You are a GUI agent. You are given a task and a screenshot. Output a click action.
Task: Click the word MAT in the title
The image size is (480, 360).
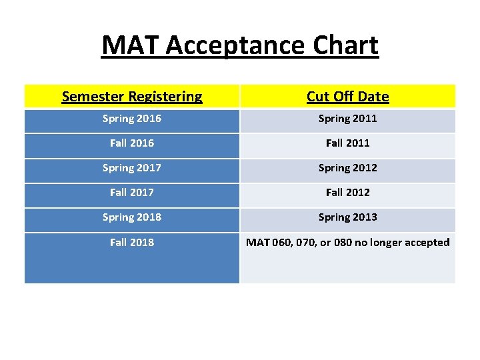tap(131, 46)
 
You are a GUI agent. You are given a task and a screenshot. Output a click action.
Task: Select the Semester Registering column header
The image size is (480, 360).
tap(132, 97)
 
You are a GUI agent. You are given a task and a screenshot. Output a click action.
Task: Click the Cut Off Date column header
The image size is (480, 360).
tap(347, 97)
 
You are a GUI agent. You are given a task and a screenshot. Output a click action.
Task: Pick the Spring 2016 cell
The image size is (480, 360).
tap(132, 119)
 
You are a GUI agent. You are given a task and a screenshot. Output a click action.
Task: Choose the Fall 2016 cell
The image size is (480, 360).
tap(132, 143)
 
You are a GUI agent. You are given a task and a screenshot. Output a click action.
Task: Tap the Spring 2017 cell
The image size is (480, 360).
tap(132, 168)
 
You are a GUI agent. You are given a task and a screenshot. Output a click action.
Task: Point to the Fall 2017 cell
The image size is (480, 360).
tap(132, 193)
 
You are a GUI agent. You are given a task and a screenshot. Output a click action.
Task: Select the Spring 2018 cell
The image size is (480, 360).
tap(132, 217)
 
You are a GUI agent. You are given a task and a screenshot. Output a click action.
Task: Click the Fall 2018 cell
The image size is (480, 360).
tap(132, 243)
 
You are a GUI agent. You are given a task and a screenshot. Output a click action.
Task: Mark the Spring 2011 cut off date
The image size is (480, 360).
tap(347, 119)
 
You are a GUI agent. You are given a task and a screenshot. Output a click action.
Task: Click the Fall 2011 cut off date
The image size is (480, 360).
tap(347, 143)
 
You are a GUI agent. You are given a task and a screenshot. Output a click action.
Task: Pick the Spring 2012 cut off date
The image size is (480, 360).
tap(347, 168)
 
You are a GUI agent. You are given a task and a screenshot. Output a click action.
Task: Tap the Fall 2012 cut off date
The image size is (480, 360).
tap(347, 193)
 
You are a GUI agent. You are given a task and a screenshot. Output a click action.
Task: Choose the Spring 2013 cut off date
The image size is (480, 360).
tap(347, 217)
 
